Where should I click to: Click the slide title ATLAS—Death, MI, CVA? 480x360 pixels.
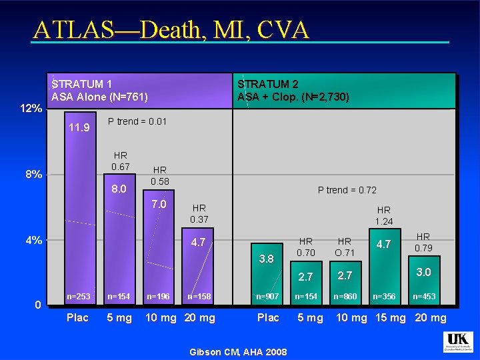pyautogui.click(x=171, y=29)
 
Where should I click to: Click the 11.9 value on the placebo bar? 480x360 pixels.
pyautogui.click(x=79, y=127)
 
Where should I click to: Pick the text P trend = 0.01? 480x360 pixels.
pyautogui.click(x=137, y=121)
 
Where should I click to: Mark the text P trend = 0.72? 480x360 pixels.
pyautogui.click(x=347, y=190)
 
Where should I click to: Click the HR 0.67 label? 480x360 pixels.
pyautogui.click(x=121, y=161)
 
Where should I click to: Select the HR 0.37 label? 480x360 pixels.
pyautogui.click(x=199, y=213)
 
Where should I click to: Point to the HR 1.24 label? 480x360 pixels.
pyautogui.click(x=384, y=215)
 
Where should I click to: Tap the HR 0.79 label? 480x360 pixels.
pyautogui.click(x=423, y=243)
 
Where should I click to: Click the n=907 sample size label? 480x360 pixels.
pyautogui.click(x=268, y=295)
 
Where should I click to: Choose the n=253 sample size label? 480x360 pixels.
pyautogui.click(x=78, y=295)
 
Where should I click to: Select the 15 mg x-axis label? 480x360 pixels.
pyautogui.click(x=389, y=317)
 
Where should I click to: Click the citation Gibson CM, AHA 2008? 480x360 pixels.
pyautogui.click(x=239, y=351)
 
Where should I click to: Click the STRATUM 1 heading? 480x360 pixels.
pyautogui.click(x=82, y=84)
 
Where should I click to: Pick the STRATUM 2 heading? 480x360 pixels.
pyautogui.click(x=268, y=84)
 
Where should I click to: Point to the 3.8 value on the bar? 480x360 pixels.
pyautogui.click(x=266, y=259)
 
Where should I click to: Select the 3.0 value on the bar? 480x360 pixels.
pyautogui.click(x=423, y=272)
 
